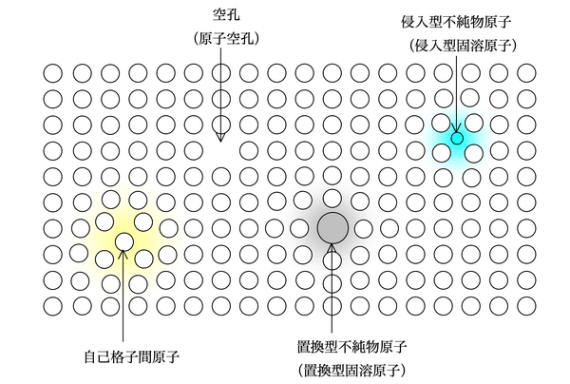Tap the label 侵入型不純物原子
[x=458, y=20]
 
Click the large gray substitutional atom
[x=332, y=227]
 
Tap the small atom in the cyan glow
[x=457, y=139]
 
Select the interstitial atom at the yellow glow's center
[x=124, y=241]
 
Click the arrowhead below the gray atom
[x=332, y=250]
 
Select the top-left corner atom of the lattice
[x=53, y=72]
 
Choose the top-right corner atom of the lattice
[x=525, y=72]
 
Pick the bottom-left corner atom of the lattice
[x=53, y=306]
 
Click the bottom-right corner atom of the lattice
[x=525, y=306]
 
